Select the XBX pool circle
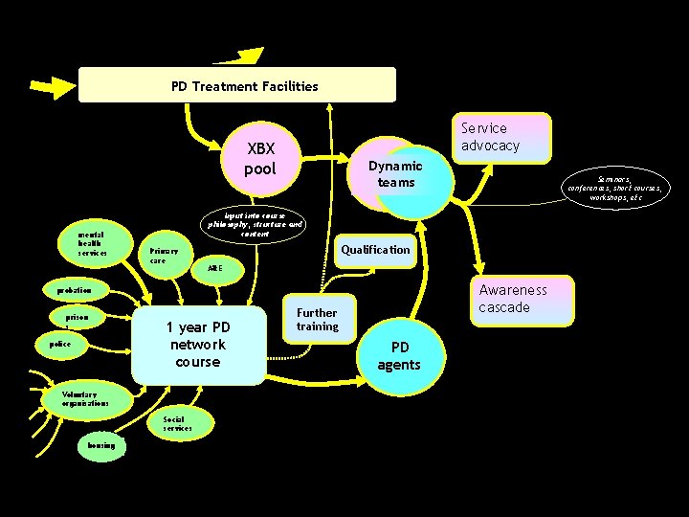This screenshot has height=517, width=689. pos(260,159)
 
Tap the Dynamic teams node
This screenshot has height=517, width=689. pos(396,174)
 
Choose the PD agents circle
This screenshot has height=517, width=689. pos(399,355)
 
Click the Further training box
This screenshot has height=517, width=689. pos(317,320)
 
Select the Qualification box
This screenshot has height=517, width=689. pos(375,250)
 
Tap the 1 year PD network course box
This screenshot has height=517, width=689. pos(197,345)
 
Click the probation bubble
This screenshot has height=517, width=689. pos(75,289)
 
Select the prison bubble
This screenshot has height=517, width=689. pos(78,316)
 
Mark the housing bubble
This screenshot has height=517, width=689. pos(100,445)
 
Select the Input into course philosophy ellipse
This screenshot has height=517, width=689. pos(255,224)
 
